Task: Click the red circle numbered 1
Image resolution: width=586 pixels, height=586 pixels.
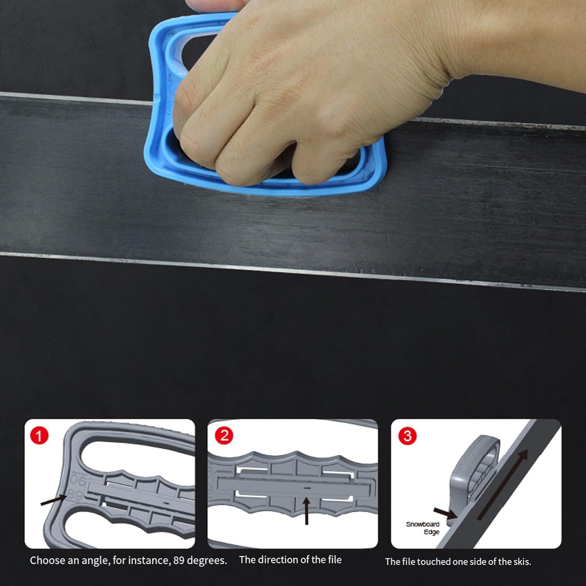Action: coord(39,436)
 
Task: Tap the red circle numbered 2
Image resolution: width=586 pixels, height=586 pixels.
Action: coord(224,436)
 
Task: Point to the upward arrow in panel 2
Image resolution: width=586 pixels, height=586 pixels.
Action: coord(307,510)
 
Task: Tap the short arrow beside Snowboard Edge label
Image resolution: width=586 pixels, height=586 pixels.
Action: coord(444,513)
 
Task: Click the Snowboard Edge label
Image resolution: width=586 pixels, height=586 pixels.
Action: coord(423,528)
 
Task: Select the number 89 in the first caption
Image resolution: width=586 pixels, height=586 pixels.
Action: coord(179,561)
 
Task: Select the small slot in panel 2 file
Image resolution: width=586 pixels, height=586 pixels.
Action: coord(307,488)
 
